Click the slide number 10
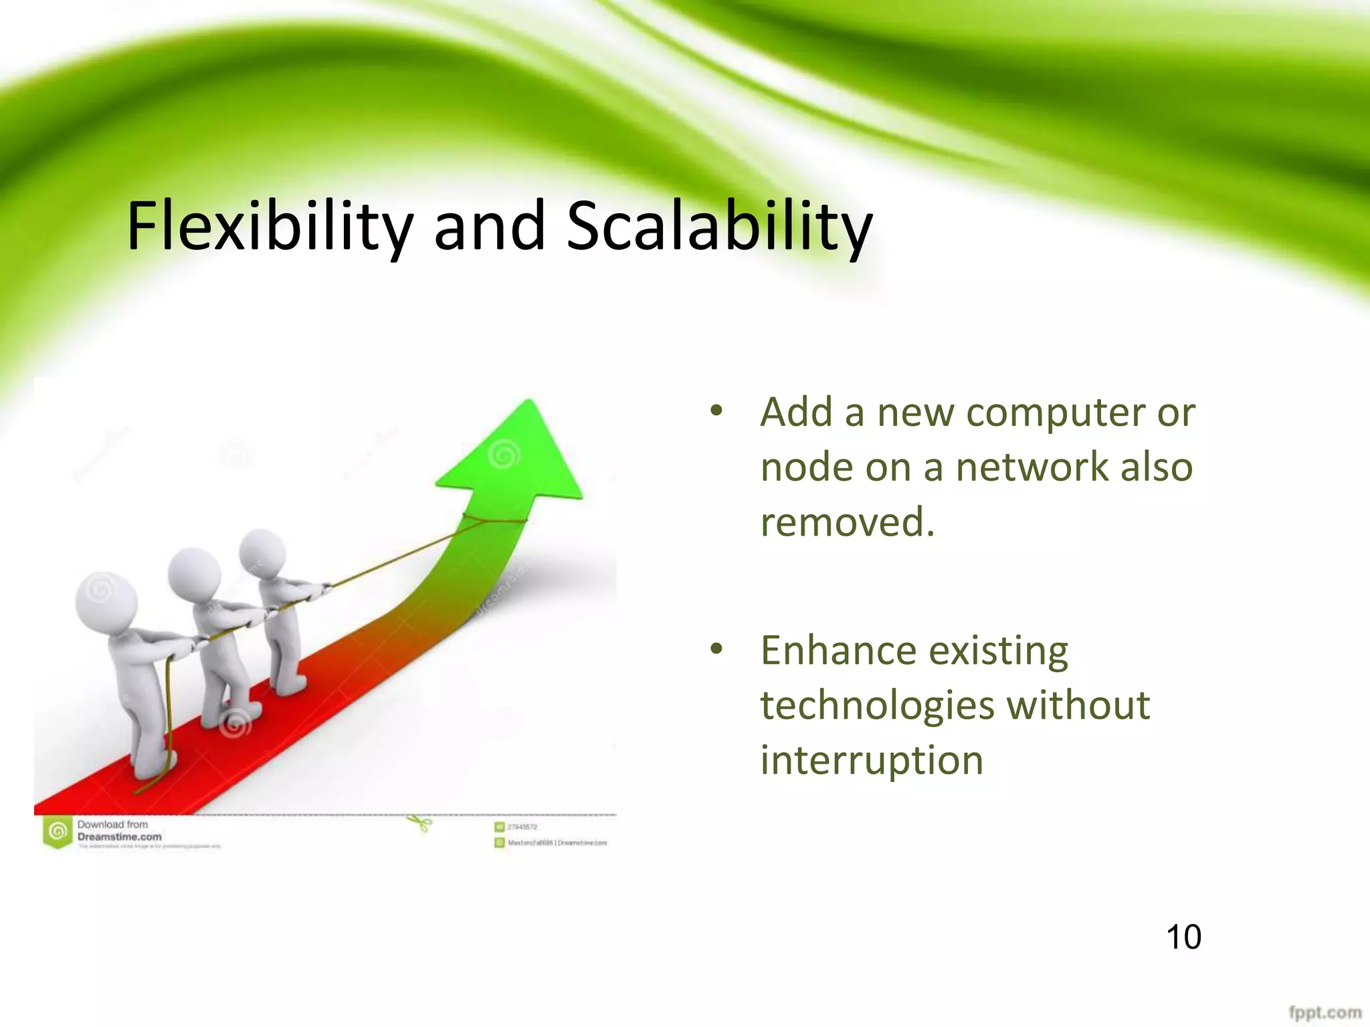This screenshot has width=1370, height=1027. point(1183,937)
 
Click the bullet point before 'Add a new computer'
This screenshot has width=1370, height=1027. point(716,411)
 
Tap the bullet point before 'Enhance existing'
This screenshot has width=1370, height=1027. point(716,649)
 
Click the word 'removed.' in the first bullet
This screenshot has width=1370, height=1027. point(847,522)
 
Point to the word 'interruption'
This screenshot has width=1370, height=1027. point(872,761)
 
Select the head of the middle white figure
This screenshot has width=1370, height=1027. point(194,572)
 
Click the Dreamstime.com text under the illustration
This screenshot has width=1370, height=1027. point(119,836)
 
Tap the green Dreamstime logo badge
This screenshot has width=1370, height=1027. point(58,832)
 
